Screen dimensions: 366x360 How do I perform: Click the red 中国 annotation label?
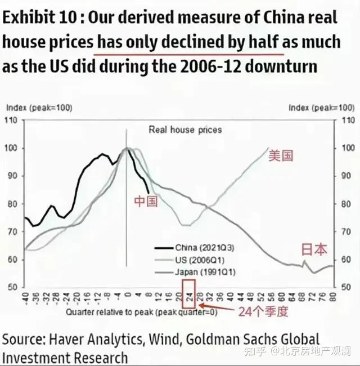[146, 201]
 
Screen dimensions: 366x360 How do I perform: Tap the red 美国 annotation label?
[281, 155]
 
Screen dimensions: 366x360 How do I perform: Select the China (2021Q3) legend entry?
[195, 247]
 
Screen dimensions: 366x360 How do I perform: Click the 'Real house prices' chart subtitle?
[185, 130]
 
